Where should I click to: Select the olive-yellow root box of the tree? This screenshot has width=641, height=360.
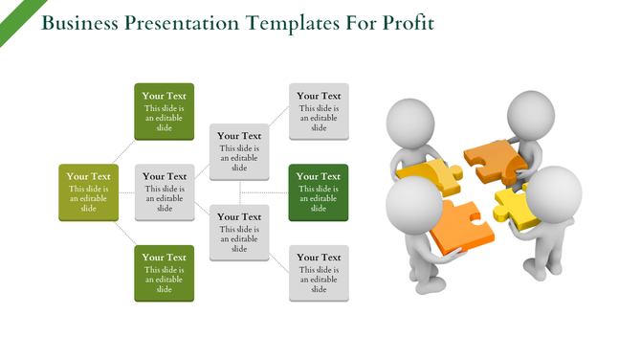click(x=88, y=192)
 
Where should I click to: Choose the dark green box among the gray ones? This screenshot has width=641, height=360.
click(x=319, y=192)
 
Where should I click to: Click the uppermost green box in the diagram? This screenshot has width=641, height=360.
click(x=164, y=111)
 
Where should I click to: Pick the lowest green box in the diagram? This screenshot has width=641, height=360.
click(x=164, y=273)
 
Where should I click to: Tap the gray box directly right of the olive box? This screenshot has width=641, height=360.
click(x=164, y=192)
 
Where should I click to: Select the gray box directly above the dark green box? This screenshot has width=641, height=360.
click(x=319, y=111)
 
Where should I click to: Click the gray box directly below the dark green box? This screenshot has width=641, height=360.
click(x=319, y=273)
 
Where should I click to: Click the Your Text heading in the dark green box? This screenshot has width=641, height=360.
click(x=319, y=176)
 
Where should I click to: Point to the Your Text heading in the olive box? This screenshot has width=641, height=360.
click(x=88, y=176)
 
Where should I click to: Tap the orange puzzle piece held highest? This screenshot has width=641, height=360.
click(x=492, y=159)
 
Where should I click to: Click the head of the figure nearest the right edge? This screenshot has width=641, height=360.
click(x=554, y=194)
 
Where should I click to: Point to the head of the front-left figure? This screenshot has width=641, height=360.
click(x=413, y=204)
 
